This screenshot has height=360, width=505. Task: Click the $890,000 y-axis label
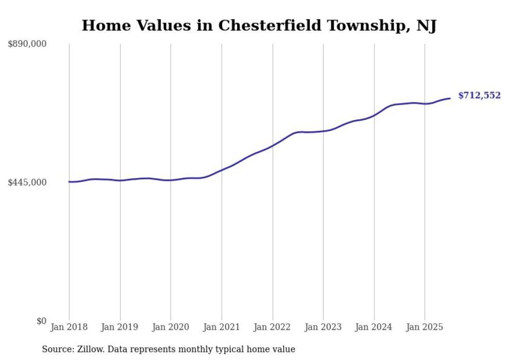click(x=27, y=44)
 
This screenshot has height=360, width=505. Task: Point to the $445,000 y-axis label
click(x=27, y=182)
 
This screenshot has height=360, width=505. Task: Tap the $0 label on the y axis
click(x=41, y=321)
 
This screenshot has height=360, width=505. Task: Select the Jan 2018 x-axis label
click(x=69, y=327)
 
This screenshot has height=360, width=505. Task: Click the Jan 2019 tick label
click(x=120, y=327)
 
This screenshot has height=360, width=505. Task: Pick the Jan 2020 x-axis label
click(x=171, y=327)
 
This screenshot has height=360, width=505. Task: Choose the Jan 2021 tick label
click(x=222, y=327)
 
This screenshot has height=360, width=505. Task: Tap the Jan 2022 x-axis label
click(x=273, y=327)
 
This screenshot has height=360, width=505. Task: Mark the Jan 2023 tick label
click(x=323, y=327)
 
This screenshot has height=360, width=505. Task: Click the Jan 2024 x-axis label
click(x=374, y=327)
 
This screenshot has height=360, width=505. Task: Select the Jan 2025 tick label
click(x=425, y=327)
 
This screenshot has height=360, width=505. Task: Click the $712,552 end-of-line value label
click(x=479, y=96)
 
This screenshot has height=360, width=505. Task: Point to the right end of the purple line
click(x=450, y=98)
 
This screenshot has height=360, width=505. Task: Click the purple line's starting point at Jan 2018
click(x=69, y=182)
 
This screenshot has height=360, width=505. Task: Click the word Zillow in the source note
click(x=88, y=349)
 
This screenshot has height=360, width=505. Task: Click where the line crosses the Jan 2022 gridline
click(x=273, y=145)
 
